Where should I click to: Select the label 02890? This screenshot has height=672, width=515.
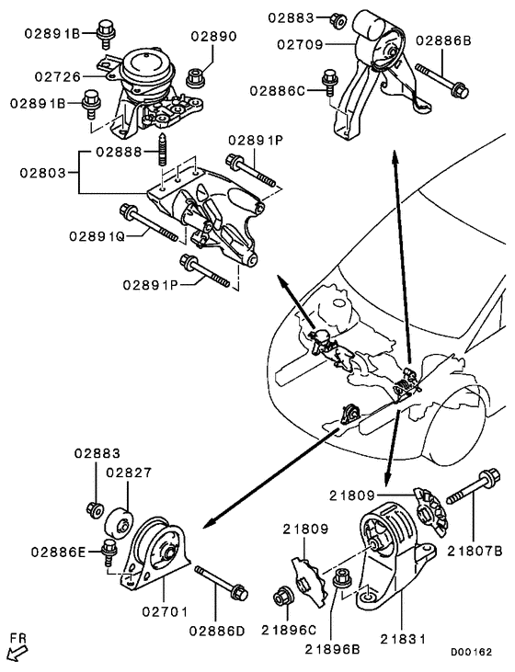pos(214,37)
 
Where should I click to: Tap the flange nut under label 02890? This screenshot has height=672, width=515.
pos(196,76)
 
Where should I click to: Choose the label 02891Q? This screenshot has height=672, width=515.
pos(94,236)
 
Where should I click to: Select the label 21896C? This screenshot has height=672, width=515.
pos(290,630)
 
